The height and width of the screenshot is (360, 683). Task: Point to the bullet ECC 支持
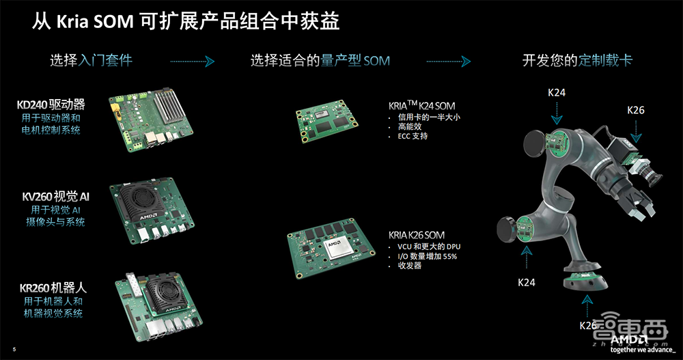click(x=413, y=136)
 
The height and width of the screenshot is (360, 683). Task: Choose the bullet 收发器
click(x=409, y=266)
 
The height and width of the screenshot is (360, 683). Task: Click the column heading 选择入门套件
click(x=91, y=60)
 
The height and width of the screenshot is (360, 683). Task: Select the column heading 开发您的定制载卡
click(x=577, y=60)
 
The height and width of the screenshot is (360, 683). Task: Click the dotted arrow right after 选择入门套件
click(x=192, y=61)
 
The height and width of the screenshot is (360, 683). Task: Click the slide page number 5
click(x=14, y=351)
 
